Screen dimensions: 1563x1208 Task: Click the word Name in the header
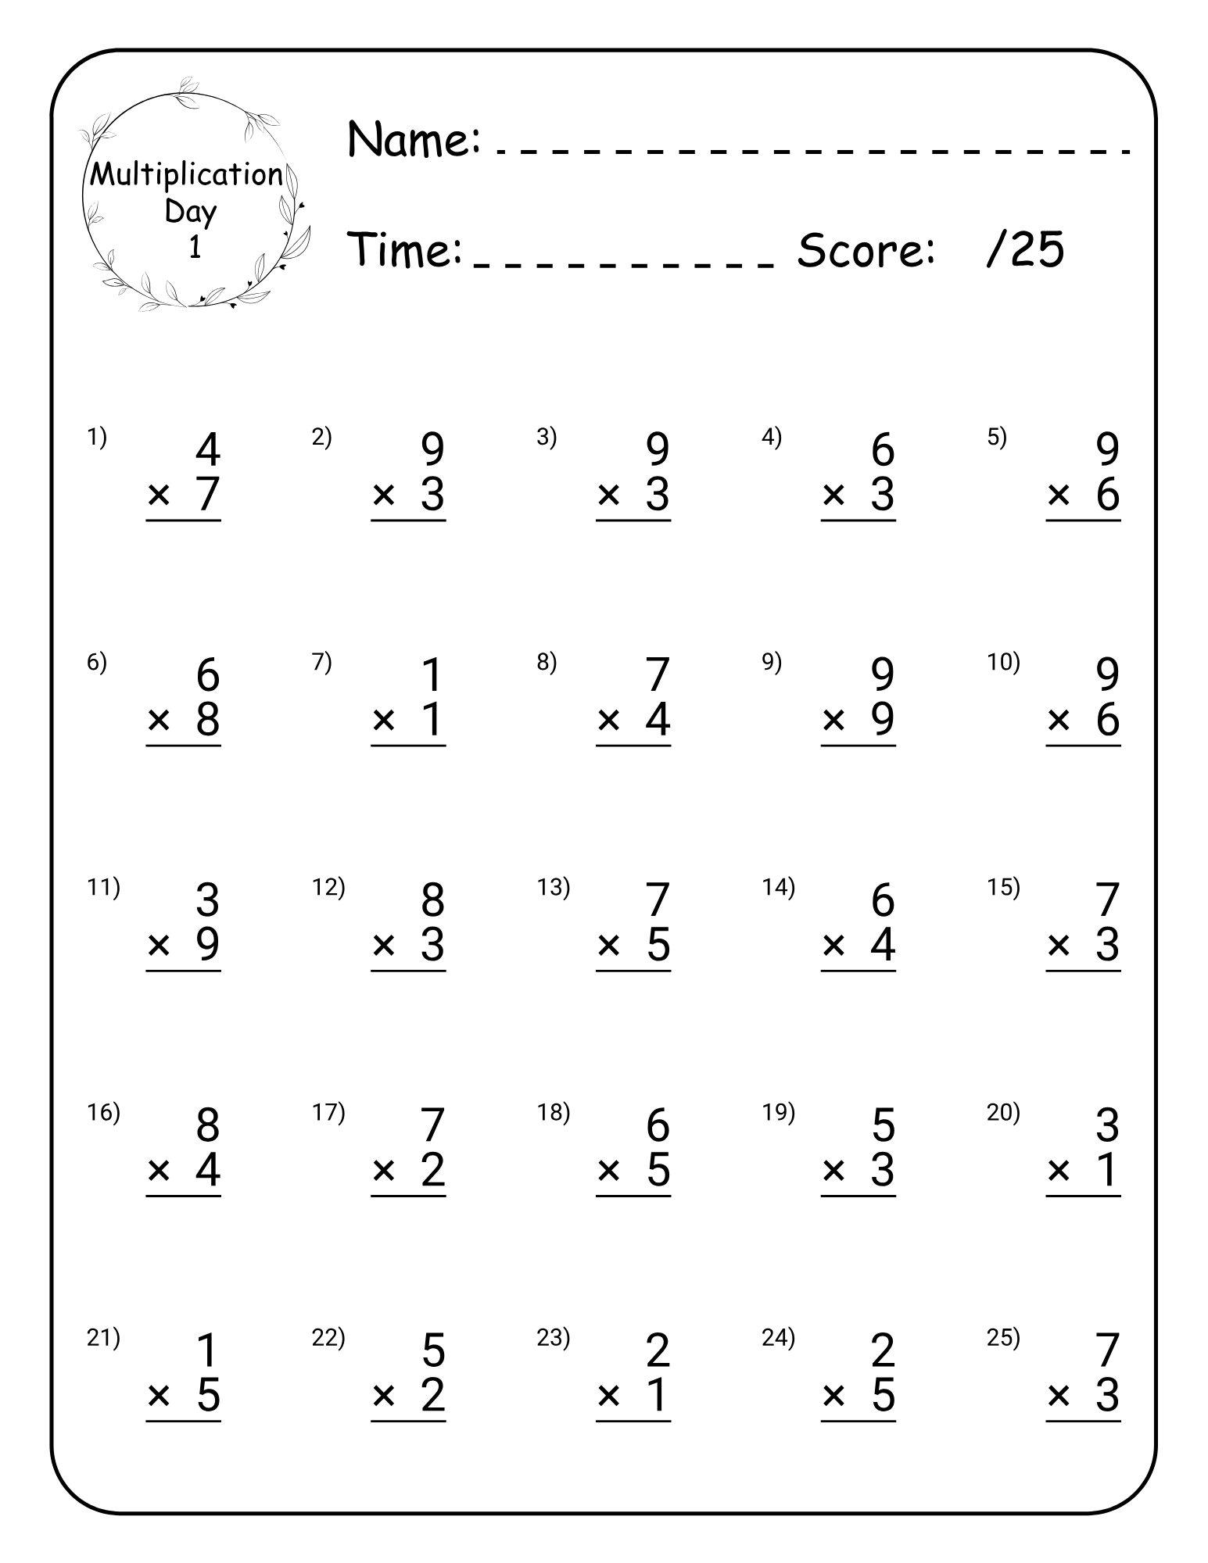click(x=412, y=139)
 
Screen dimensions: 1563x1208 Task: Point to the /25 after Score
click(x=1026, y=250)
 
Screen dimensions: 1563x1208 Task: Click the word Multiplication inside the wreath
click(x=186, y=175)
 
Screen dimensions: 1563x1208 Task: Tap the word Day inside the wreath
click(x=191, y=211)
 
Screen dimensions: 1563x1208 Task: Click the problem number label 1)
click(x=97, y=438)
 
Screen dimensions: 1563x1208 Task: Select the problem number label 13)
click(x=554, y=887)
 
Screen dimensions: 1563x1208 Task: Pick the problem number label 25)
click(x=1003, y=1338)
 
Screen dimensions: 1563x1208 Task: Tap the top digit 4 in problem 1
click(x=208, y=449)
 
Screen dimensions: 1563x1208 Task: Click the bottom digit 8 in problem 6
click(x=208, y=719)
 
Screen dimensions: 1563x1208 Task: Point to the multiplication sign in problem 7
click(x=384, y=719)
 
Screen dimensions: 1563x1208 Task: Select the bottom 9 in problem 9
click(x=883, y=719)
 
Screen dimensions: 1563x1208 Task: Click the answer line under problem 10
click(x=1083, y=746)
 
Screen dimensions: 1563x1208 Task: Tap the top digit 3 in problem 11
click(x=208, y=900)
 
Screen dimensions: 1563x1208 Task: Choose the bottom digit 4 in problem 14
click(x=883, y=944)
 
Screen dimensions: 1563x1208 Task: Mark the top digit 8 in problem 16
click(x=208, y=1125)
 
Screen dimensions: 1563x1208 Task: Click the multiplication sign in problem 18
click(x=608, y=1170)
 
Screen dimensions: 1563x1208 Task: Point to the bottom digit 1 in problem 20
click(x=1108, y=1170)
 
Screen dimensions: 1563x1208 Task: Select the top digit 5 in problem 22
click(x=433, y=1350)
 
